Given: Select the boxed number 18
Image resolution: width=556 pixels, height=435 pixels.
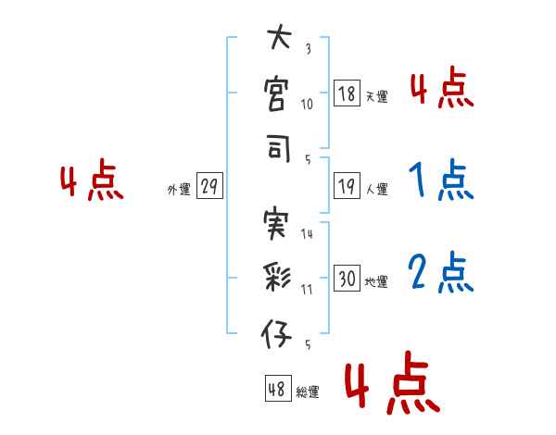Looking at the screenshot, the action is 347,93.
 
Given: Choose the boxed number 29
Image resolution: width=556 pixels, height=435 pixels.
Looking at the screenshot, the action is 209,188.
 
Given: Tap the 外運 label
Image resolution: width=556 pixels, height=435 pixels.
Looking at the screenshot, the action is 178,190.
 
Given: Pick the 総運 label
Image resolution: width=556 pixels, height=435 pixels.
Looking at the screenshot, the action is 308,391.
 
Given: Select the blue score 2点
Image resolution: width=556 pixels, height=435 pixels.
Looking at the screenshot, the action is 440,273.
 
